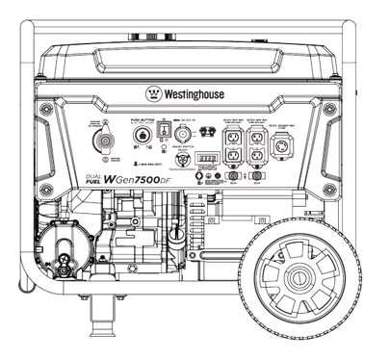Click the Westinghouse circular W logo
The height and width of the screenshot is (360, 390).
tap(154, 94)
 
